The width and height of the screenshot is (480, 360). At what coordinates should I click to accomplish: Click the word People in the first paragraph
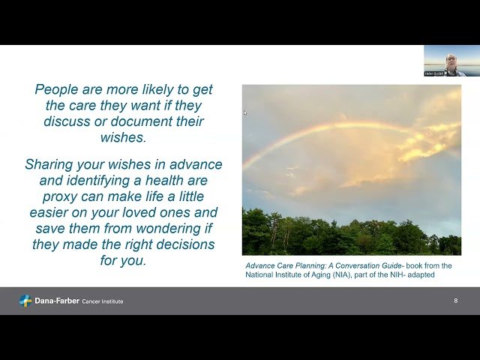[58, 89]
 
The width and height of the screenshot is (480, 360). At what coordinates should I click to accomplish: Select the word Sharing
[51, 164]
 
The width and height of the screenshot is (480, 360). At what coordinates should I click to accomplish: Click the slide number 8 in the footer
[455, 301]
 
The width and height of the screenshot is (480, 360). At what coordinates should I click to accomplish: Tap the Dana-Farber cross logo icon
[25, 301]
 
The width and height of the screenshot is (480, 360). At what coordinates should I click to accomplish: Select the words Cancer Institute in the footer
[103, 301]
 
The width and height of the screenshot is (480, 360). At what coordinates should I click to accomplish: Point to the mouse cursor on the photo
[245, 113]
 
